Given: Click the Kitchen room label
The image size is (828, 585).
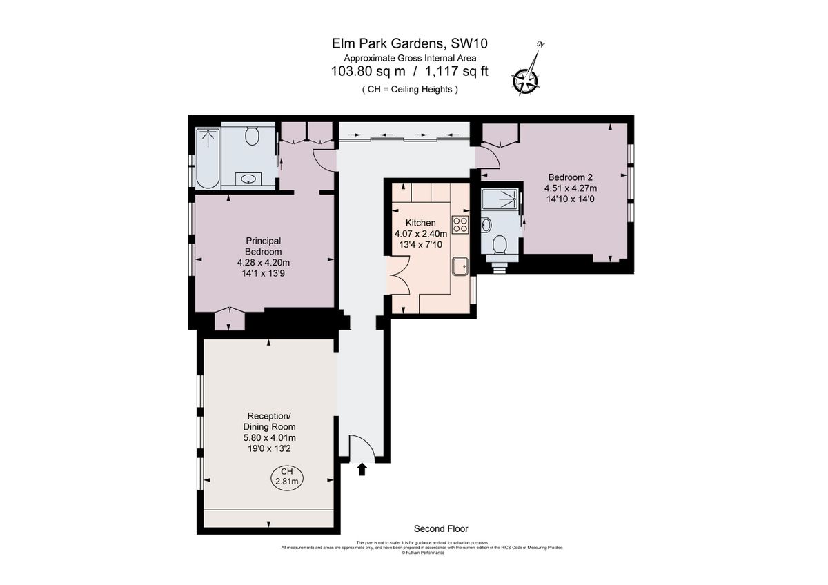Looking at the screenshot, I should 420,223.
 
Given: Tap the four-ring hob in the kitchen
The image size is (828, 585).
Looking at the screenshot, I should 460,224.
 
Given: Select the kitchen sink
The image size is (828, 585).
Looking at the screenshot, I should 460,265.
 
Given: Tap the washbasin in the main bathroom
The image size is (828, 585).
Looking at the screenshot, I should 249,179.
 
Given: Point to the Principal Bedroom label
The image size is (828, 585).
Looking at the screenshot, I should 263,246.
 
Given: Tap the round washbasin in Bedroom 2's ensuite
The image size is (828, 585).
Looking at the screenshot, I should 487,224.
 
